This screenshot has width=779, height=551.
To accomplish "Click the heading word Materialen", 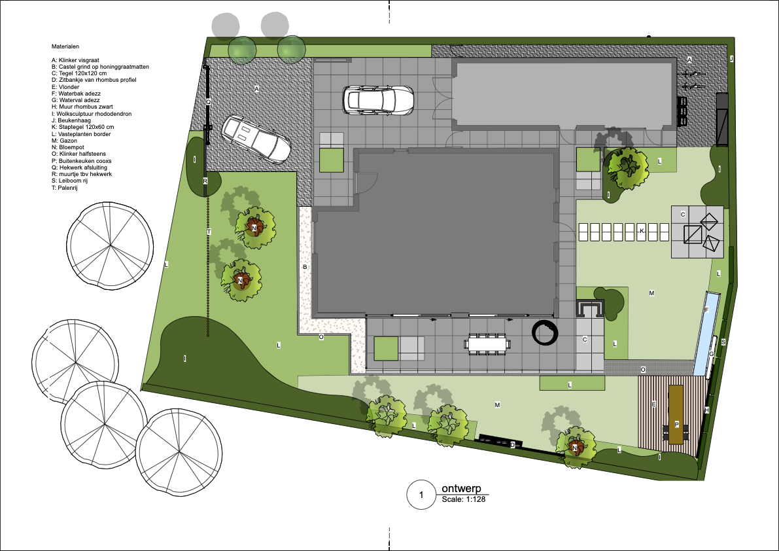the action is (65, 46).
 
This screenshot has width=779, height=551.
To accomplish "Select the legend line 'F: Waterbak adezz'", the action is (76, 94).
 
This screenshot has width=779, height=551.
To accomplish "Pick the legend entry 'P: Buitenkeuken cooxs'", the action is (82, 161).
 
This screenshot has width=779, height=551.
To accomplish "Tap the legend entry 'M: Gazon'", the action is (64, 141).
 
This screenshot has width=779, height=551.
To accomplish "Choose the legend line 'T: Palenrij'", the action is (65, 188).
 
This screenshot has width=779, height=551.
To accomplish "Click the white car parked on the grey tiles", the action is (378, 100).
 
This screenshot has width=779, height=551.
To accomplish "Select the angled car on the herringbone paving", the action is (256, 139).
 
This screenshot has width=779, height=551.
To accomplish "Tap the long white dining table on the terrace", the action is (487, 344).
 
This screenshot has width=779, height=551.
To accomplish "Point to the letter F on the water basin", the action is (706, 310).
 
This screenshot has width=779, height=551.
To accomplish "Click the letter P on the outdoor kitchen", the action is (677, 424).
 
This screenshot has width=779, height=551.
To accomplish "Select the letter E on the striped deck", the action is (654, 405).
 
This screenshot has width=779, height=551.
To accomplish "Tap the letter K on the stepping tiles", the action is (642, 231).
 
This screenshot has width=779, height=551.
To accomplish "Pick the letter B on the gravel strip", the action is (305, 267).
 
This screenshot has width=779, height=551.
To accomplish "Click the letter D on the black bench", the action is (513, 445).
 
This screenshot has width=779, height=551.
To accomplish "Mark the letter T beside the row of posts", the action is (209, 232).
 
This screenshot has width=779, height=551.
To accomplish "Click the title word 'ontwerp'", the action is (461, 489).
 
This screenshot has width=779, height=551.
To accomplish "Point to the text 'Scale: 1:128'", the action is (464, 499).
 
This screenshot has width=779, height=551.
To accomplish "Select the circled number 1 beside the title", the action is (421, 495).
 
